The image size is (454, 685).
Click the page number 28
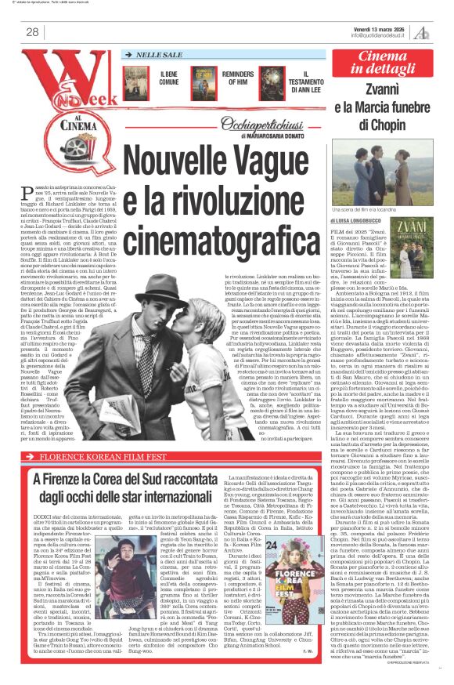point(34,31)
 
